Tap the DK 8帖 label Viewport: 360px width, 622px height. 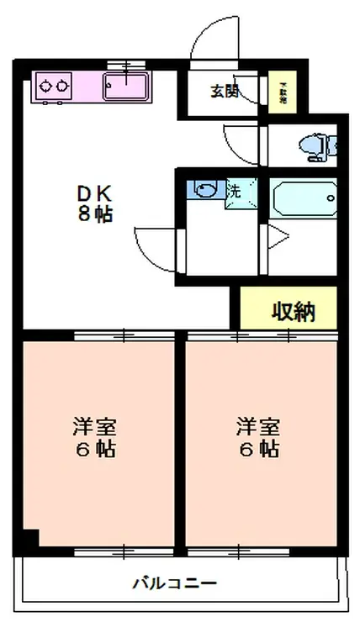93,203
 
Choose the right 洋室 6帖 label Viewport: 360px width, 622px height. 257,436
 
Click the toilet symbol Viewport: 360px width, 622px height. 317,147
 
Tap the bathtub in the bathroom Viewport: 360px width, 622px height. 304,200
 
